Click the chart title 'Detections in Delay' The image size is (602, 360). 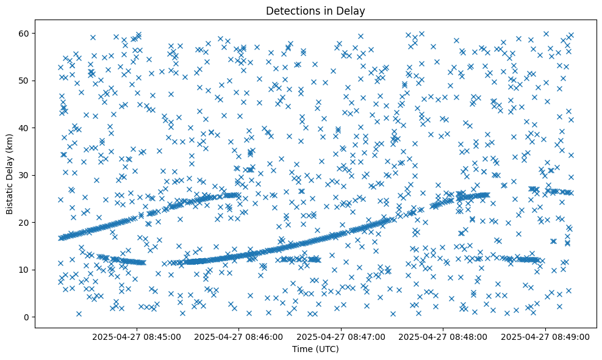pyautogui.click(x=315, y=11)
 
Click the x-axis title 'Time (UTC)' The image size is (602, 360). pyautogui.click(x=315, y=349)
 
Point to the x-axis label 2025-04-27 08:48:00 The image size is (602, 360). pyautogui.click(x=443, y=336)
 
